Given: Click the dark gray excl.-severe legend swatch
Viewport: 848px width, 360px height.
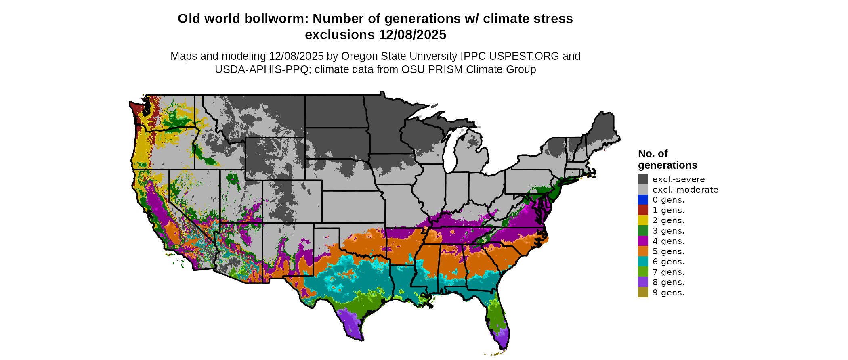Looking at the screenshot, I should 643,179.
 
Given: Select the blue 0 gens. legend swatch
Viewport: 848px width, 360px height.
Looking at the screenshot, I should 643,200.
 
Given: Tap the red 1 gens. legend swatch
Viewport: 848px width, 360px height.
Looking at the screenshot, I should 643,210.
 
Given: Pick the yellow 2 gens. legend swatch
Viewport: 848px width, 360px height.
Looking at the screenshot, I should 643,220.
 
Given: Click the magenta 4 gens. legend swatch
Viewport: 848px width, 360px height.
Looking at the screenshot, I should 643,241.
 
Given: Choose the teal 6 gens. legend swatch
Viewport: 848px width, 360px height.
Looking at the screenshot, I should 643,262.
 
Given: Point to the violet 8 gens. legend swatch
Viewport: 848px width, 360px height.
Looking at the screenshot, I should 643,282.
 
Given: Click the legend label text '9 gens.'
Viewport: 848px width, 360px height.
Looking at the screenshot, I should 668,293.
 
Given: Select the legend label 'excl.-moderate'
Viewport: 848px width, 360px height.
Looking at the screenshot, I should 685,190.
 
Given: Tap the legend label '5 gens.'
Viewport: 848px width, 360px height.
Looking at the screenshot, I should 668,251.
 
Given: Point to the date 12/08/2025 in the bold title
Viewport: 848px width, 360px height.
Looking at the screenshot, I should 412,35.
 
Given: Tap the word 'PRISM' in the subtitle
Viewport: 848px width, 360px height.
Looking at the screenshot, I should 445,69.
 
